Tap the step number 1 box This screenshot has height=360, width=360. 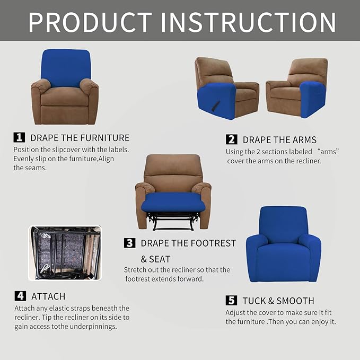coord(19,137)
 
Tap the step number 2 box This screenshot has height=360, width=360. coord(231,139)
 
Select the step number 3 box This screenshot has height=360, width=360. coord(129,243)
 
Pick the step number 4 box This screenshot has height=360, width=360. coord(20,296)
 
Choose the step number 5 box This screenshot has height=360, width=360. coord(231,301)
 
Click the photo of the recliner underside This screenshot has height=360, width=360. coord(65,253)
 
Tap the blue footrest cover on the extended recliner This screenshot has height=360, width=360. coord(173,202)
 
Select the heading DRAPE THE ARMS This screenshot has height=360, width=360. coord(279,140)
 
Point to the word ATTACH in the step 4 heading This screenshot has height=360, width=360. coord(48,296)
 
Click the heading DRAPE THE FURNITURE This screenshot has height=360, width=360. coord(80,138)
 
